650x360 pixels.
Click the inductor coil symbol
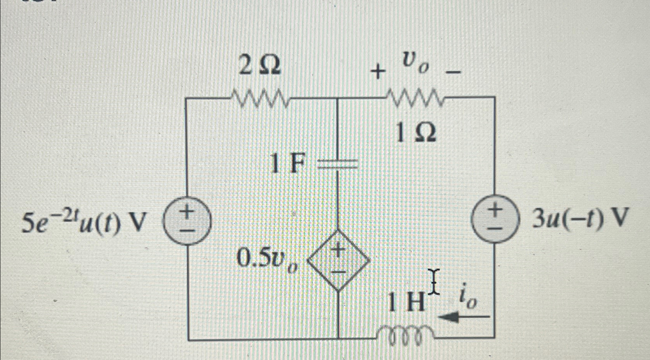[406, 333]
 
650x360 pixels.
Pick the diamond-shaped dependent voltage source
[338, 260]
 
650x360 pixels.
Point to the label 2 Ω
[260, 67]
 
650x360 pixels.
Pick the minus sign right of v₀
[455, 72]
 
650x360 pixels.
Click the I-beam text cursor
[434, 282]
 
